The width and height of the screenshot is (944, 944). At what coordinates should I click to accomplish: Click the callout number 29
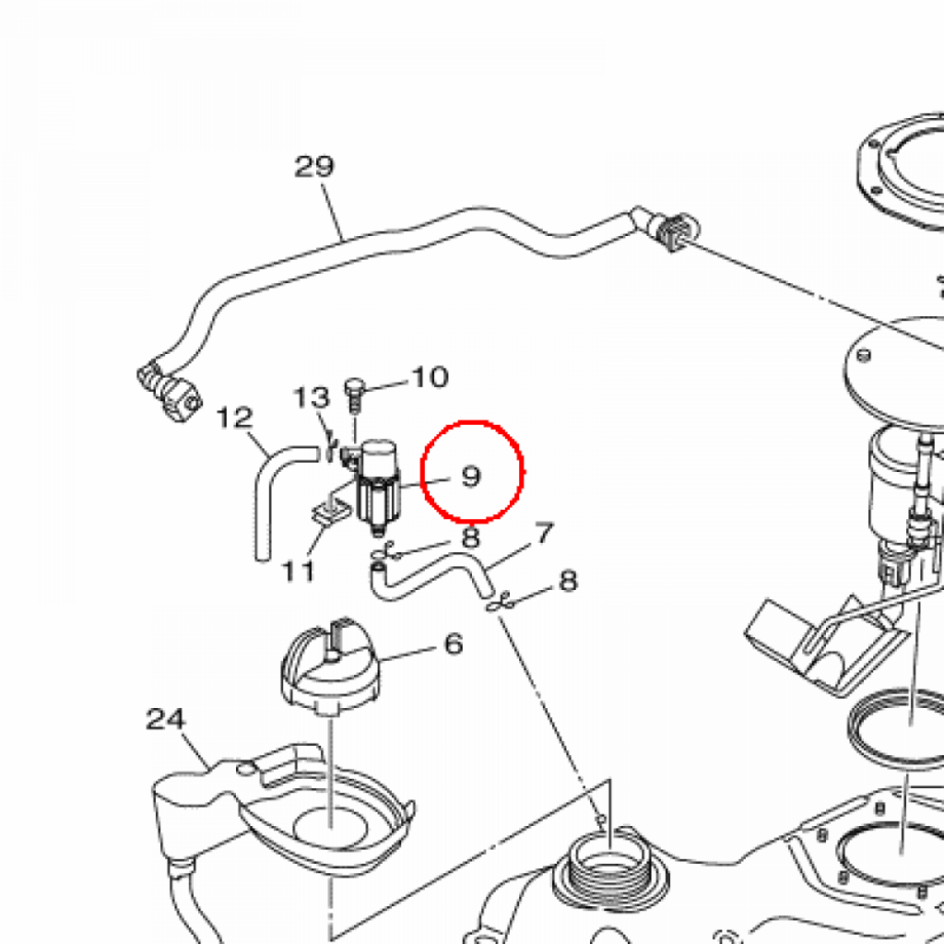(x=313, y=166)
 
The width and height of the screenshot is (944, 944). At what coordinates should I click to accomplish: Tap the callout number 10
(x=430, y=377)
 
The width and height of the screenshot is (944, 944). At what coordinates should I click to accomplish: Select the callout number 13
(x=312, y=397)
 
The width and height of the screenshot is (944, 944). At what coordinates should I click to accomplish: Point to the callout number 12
(x=234, y=418)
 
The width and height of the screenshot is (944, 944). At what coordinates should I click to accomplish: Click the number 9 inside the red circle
(x=471, y=476)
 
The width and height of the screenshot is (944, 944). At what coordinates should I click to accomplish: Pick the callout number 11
(x=299, y=571)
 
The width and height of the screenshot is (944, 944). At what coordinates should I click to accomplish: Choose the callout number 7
(x=544, y=534)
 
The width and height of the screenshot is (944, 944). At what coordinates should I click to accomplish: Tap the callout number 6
(x=454, y=643)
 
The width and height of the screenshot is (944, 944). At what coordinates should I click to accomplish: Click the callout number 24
(x=166, y=719)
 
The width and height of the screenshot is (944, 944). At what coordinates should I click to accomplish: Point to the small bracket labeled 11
(x=330, y=512)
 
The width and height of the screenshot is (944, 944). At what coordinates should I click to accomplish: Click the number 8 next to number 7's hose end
(x=568, y=582)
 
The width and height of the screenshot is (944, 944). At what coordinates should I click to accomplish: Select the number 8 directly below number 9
(x=470, y=537)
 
